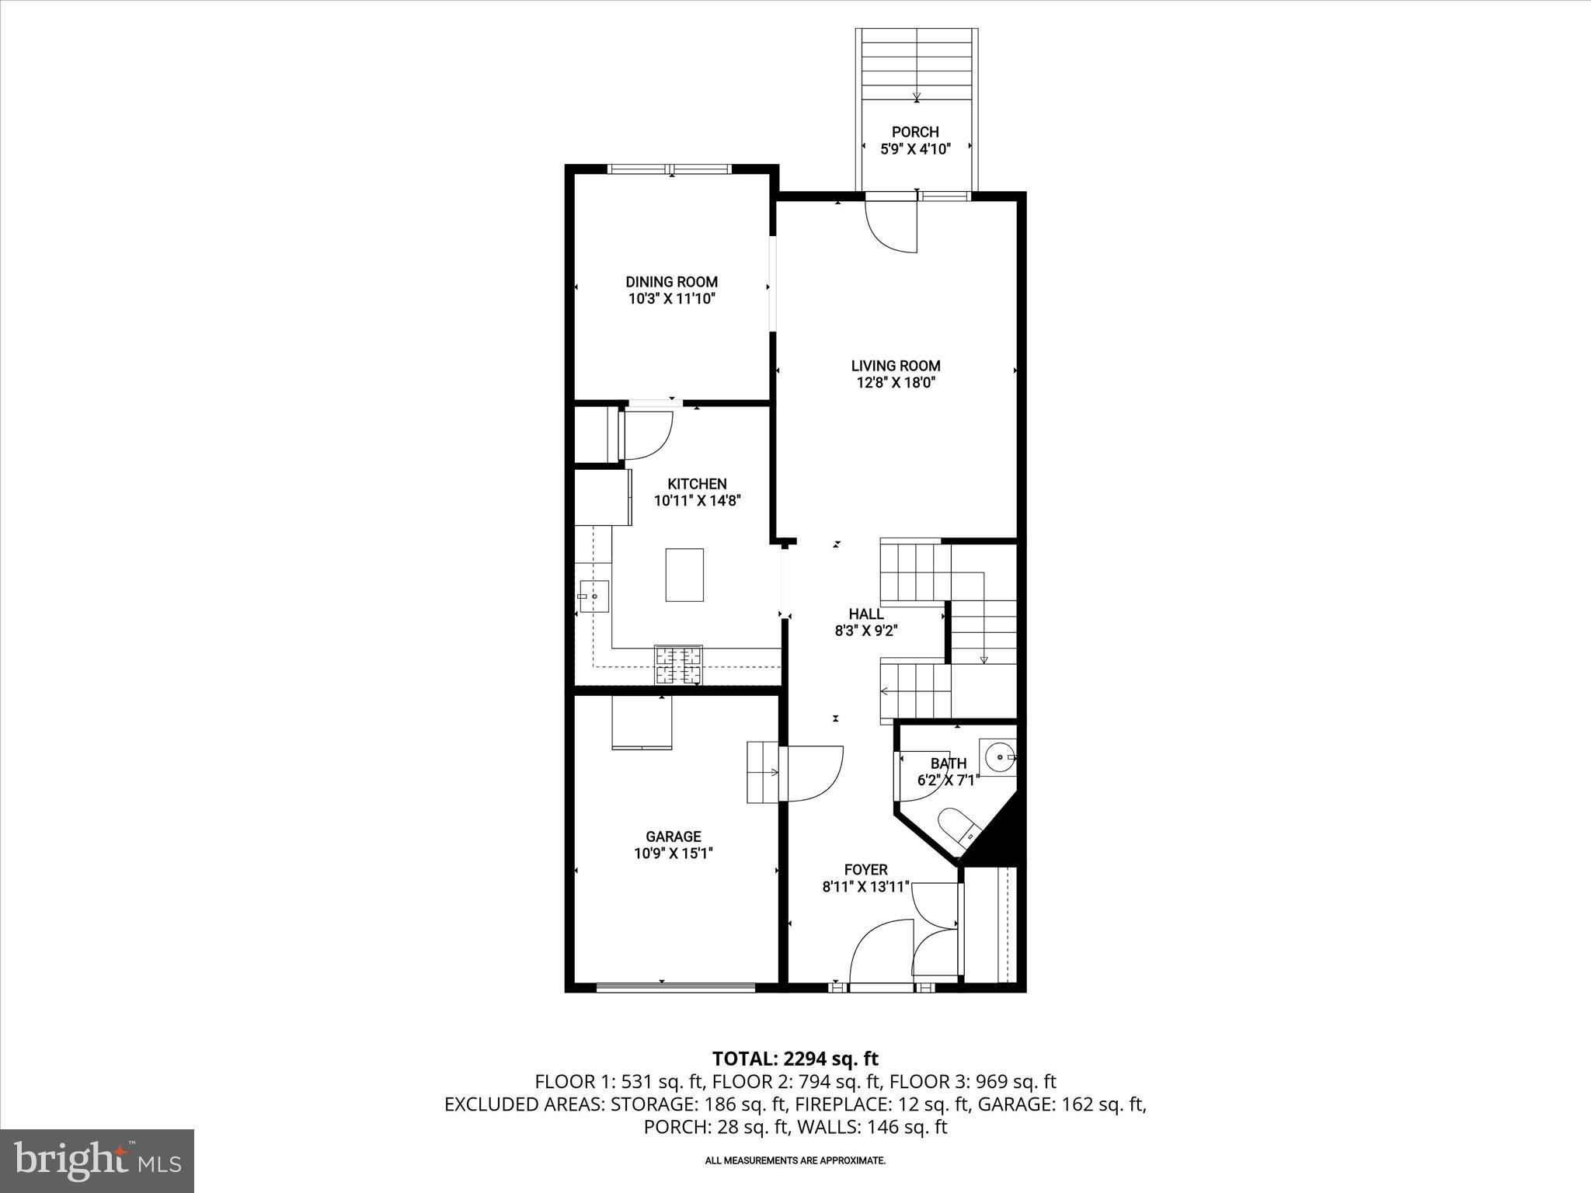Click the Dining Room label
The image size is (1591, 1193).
(x=671, y=282)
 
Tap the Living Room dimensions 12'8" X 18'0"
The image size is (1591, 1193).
(x=895, y=382)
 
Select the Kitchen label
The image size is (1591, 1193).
(x=697, y=484)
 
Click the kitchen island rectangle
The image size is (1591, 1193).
(x=684, y=575)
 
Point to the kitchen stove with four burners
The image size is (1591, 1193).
(x=678, y=665)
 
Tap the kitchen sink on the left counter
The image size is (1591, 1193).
(x=594, y=596)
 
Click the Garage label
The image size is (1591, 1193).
(x=673, y=836)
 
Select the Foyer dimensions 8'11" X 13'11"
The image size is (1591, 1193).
(x=865, y=887)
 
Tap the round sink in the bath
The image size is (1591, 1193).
(x=997, y=755)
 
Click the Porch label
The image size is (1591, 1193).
(x=915, y=132)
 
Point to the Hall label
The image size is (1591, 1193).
(x=865, y=614)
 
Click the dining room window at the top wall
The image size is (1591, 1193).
(x=670, y=169)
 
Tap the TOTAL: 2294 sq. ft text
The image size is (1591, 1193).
(x=795, y=1059)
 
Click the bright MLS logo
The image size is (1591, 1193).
(x=97, y=1161)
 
